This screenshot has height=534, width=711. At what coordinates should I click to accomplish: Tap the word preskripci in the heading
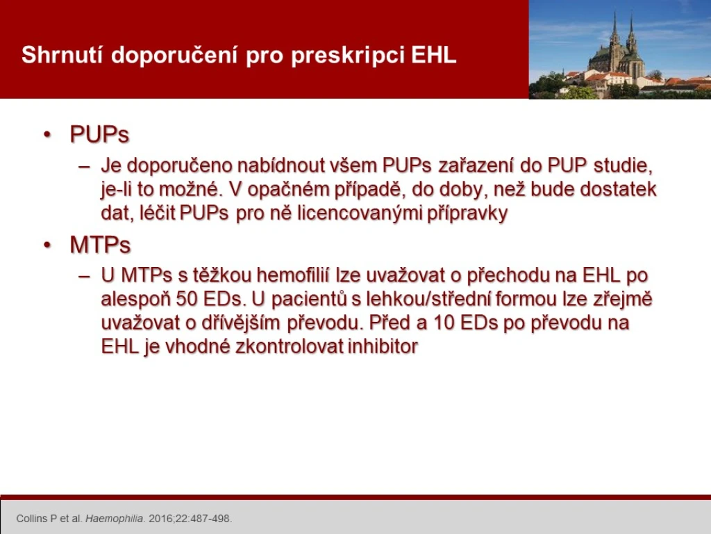tap(348, 56)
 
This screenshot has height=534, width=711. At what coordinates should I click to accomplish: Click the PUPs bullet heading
tap(100, 134)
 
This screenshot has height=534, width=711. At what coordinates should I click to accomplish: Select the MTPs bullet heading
tap(100, 245)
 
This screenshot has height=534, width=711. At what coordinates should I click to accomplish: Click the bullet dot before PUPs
tap(47, 134)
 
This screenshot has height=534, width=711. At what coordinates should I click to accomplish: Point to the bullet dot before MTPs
tap(47, 245)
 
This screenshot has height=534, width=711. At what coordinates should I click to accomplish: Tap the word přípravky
tap(467, 213)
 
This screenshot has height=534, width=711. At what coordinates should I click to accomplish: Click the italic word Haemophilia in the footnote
tap(115, 519)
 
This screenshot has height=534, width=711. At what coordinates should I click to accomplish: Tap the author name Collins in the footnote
tap(33, 519)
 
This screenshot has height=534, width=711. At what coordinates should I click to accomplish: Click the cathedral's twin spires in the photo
tap(623, 32)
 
